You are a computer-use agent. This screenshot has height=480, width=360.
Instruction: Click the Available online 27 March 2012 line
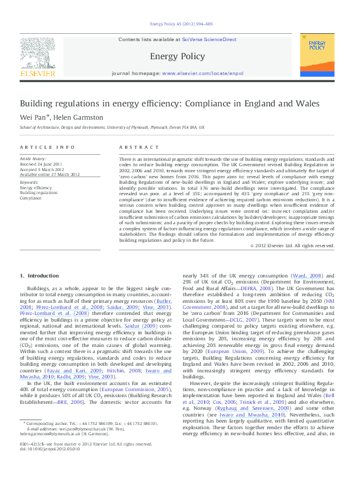tap(50, 174)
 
